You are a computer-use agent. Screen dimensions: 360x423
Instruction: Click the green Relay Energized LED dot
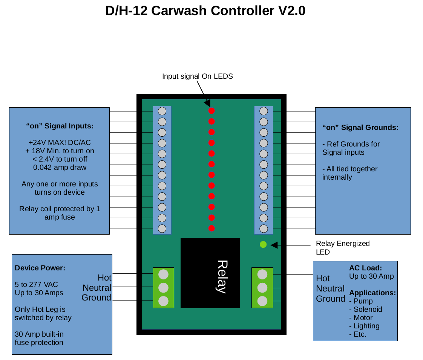pos(263,244)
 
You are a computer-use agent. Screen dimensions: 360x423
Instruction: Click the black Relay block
pos(210,273)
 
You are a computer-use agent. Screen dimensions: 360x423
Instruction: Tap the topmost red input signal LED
pos(211,111)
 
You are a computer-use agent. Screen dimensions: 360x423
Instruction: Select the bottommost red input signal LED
pos(211,228)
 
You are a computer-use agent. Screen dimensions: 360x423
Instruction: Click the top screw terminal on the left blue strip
pos(162,111)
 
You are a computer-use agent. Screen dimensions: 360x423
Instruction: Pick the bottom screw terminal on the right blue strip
pos(264,229)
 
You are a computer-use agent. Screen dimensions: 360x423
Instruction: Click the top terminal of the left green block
pos(163,274)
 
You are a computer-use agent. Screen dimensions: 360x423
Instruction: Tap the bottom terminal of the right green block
pos(262,301)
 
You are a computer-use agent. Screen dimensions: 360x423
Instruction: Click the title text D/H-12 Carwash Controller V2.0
pos(205,11)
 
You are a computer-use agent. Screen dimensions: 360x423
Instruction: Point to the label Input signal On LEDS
pos(197,76)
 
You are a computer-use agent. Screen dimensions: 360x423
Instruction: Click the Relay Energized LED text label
pos(342,247)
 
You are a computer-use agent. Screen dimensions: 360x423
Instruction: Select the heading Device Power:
pos(40,268)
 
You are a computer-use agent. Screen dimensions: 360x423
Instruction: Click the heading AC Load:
pos(365,268)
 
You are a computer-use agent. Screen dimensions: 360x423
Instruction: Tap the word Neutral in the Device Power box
pos(97,288)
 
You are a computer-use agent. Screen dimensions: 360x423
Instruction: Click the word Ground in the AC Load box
pos(330,299)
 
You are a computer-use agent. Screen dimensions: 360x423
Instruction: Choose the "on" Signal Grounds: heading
pos(360,127)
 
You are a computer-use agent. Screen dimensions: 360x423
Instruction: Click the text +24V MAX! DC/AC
pos(60,143)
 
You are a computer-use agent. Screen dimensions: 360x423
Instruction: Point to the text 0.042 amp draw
pos(60,168)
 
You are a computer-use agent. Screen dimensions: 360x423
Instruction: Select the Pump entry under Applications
pos(363,301)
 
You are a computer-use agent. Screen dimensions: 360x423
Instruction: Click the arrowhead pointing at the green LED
pos(274,245)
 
